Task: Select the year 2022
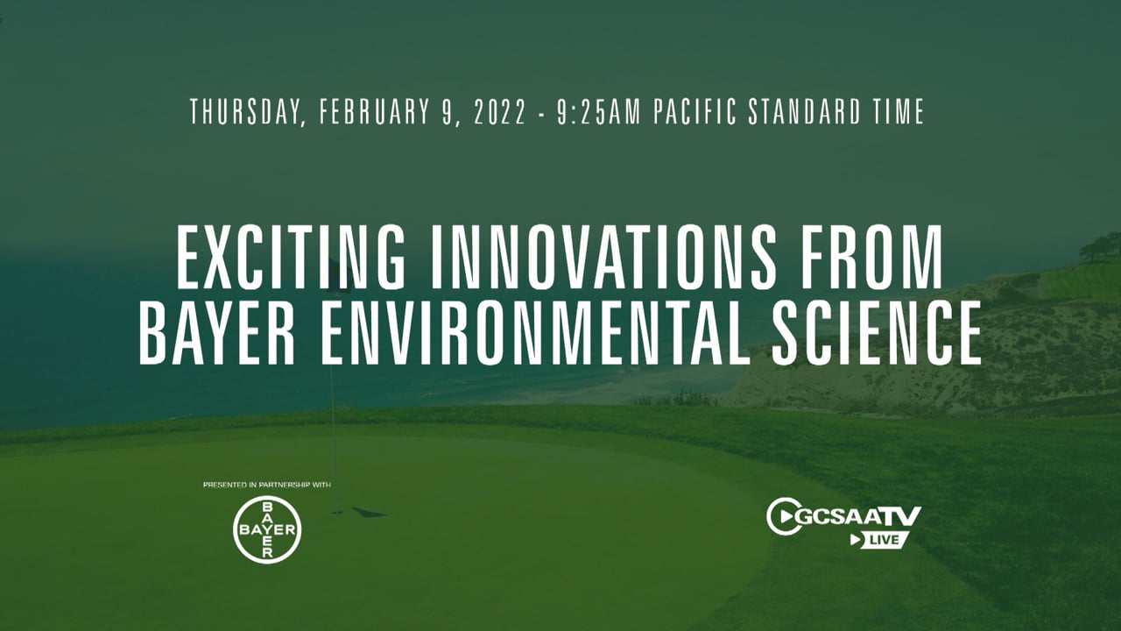(499, 111)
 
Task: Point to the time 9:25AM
(599, 111)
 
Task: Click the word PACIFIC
(695, 111)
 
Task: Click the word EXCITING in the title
(291, 258)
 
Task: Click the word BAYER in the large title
(216, 332)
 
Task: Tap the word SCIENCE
(876, 332)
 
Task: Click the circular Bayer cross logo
(267, 529)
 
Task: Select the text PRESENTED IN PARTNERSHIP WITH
(267, 485)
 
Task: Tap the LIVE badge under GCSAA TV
(879, 540)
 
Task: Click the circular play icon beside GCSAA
(782, 516)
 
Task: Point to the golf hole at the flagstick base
(337, 512)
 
